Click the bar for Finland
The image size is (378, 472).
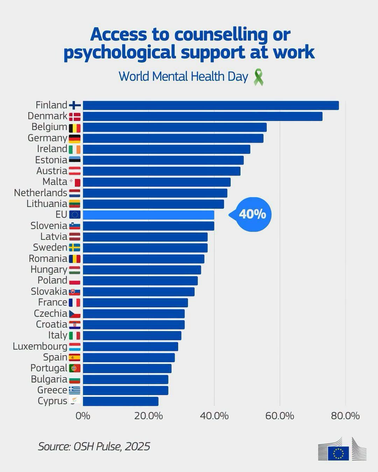pos(211,106)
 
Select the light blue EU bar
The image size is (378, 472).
pos(149,215)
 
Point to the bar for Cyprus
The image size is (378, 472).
pos(120,401)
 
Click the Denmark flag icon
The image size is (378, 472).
pos(75,117)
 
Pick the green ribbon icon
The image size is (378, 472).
pos(258,77)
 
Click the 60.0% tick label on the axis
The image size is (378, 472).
pos(280,416)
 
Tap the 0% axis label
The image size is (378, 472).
pos(83,416)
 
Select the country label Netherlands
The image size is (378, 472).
pos(41,193)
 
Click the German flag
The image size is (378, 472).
pos(75,138)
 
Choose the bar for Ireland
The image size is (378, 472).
pos(167,149)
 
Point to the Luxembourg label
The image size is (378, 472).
pos(40,346)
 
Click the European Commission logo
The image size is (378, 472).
pos(342,449)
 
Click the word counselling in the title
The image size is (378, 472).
pos(221,35)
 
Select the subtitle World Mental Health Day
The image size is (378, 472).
pos(183,77)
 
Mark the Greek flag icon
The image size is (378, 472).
pos(75,390)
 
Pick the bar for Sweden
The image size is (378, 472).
pos(145,248)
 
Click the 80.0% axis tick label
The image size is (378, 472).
pos(345,416)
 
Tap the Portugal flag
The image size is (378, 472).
pos(75,368)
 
